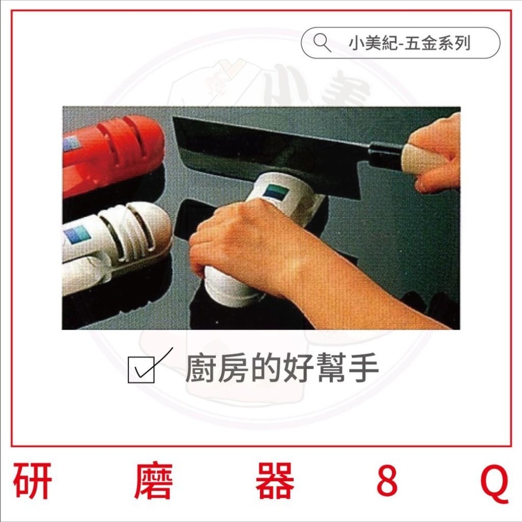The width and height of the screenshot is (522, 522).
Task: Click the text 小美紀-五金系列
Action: (409, 43)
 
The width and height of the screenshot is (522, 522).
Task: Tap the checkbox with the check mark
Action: (141, 370)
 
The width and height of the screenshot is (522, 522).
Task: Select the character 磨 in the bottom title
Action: (153, 480)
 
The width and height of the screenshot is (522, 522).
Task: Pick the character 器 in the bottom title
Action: (275, 480)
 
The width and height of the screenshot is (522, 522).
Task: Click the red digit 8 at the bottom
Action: (387, 480)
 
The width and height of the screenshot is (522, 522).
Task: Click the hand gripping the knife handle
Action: (436, 154)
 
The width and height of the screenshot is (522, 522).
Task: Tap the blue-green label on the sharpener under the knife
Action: (275, 192)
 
